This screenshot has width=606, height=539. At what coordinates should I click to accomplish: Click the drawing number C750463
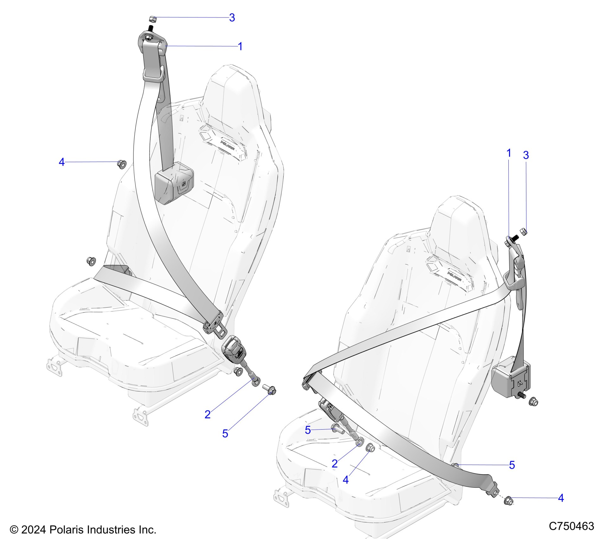[571, 526]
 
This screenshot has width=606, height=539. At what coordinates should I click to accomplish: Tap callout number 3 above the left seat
[232, 18]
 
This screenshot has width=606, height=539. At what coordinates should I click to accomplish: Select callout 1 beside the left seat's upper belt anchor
[240, 47]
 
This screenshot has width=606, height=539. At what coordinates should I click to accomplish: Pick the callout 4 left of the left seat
[61, 162]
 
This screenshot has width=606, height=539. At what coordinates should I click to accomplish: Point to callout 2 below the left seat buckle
[208, 414]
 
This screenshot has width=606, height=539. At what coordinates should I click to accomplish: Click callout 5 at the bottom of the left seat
[225, 433]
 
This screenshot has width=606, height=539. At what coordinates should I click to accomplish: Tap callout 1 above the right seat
[509, 153]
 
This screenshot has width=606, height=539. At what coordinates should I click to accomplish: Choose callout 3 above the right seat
[526, 155]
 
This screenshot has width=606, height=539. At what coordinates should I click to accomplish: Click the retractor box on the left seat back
[174, 183]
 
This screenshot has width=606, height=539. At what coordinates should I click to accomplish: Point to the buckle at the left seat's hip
[234, 349]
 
